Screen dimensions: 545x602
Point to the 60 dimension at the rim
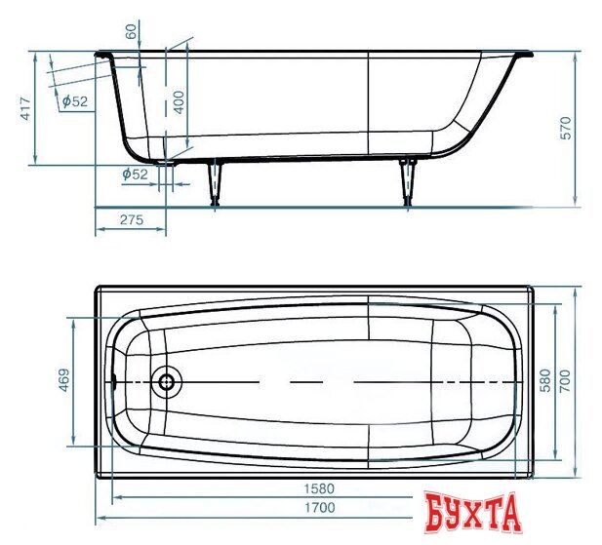point(133,31)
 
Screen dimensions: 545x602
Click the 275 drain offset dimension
point(131,220)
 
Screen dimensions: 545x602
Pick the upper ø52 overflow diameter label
point(73,101)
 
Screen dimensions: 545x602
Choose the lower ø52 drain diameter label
point(134,174)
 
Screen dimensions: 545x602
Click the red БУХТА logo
point(472,512)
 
